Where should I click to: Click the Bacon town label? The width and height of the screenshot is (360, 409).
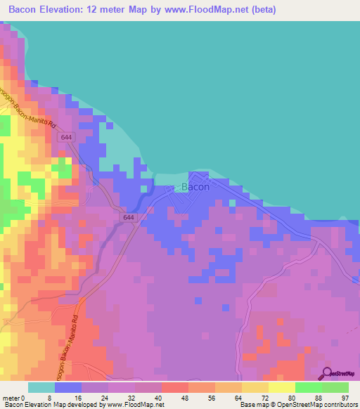[195, 188]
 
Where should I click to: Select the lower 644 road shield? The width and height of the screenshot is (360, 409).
[128, 218]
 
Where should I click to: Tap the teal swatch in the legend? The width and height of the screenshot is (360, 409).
[41, 387]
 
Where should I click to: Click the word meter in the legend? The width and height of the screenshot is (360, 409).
[11, 397]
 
